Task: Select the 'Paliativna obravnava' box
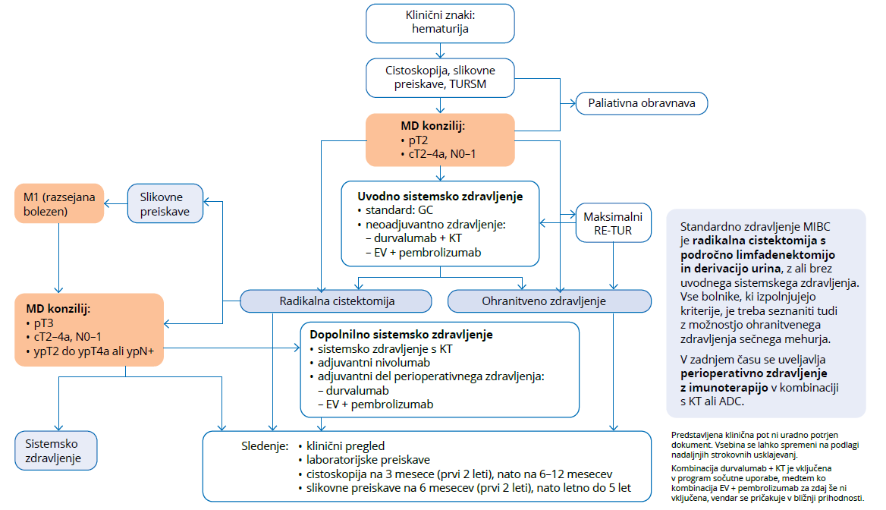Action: [642, 102]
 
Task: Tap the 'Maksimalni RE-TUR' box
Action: [613, 222]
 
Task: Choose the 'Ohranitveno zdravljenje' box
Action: [549, 301]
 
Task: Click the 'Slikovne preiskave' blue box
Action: [165, 203]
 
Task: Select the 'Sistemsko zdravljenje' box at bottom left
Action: [58, 449]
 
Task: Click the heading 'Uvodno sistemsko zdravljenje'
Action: [440, 196]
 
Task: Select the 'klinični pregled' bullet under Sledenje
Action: [347, 446]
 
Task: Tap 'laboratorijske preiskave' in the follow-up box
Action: [368, 460]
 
